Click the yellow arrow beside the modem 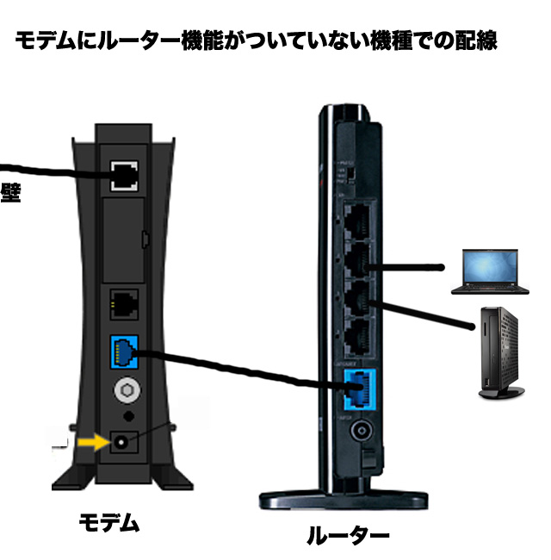click(89, 443)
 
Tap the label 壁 click(10, 191)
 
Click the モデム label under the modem click(109, 522)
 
